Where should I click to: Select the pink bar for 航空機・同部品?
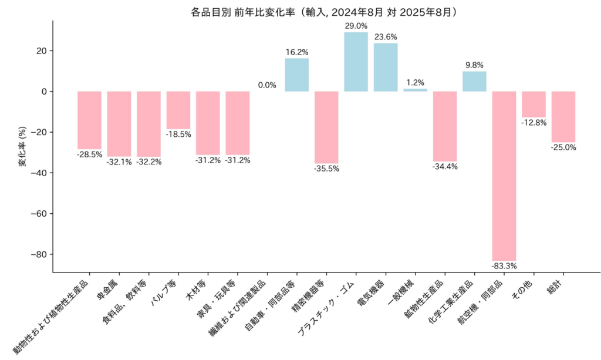[504, 176]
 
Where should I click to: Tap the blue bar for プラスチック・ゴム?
[356, 62]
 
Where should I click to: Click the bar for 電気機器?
[386, 67]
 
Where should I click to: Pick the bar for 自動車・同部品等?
[297, 75]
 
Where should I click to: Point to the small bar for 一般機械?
[415, 90]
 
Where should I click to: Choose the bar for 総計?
[563, 117]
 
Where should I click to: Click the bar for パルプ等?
[178, 110]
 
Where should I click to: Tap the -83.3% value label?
[504, 266]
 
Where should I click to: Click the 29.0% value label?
[356, 26]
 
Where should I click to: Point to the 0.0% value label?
[267, 85]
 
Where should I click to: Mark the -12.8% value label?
[534, 123]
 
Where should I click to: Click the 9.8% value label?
[474, 65]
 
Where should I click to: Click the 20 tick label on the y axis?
[42, 51]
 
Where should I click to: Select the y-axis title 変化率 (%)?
[22, 147]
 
